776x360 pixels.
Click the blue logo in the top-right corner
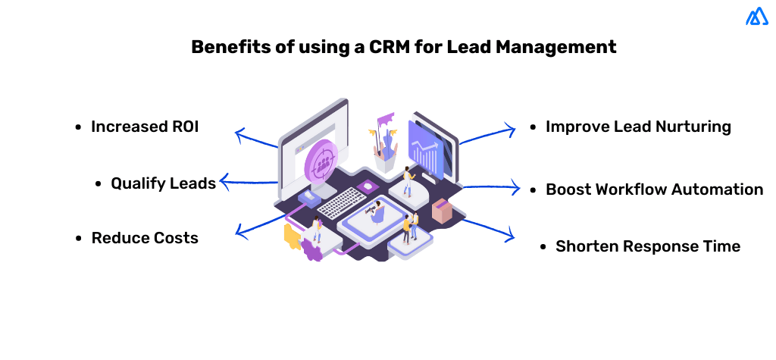click(x=756, y=17)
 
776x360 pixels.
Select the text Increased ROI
click(x=145, y=127)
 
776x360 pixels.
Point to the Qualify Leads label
click(x=163, y=183)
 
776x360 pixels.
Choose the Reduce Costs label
click(x=145, y=238)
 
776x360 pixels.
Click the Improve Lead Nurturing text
click(x=638, y=127)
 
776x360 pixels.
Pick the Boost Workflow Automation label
click(x=654, y=189)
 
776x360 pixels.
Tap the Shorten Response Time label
click(x=647, y=246)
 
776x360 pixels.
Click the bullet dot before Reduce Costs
click(x=79, y=238)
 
